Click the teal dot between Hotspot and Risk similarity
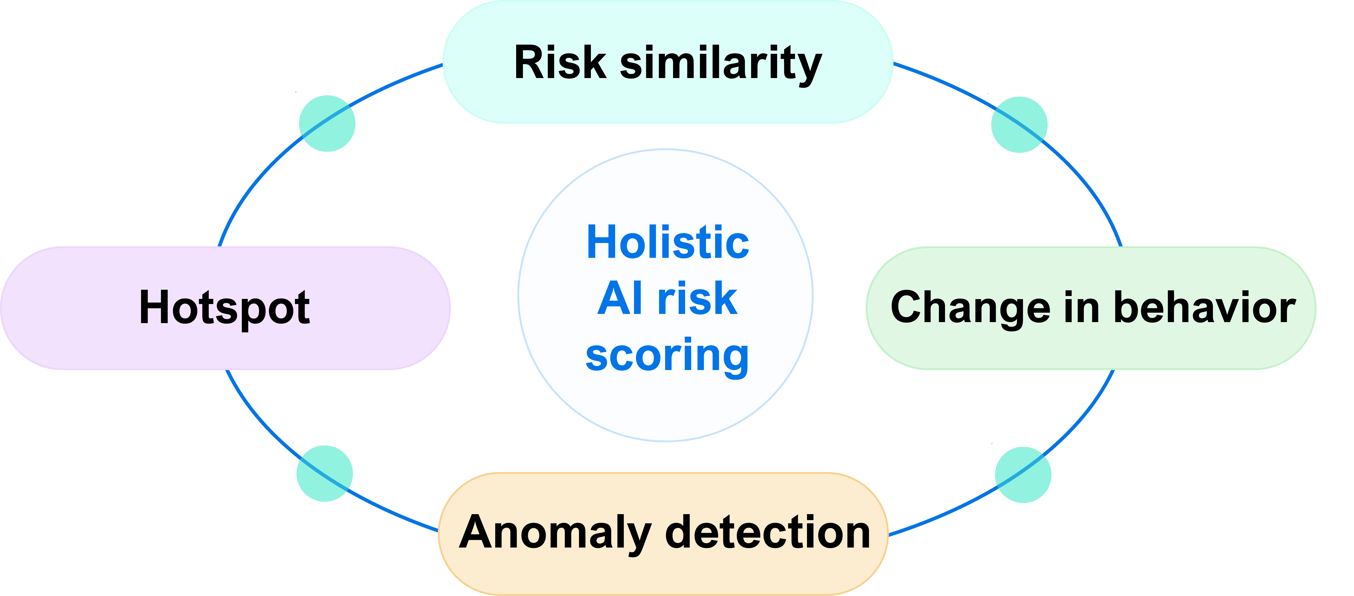[327, 123]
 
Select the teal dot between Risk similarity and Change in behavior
[1019, 124]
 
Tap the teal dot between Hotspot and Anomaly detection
[324, 474]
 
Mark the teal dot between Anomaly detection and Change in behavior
[1023, 475]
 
